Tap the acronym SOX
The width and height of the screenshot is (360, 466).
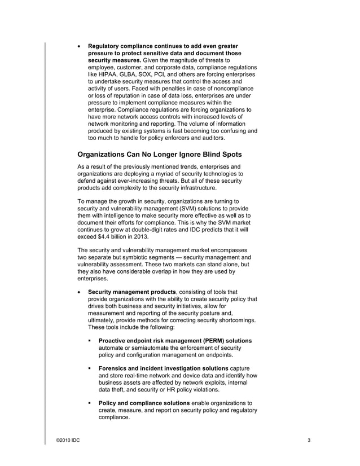(149, 74)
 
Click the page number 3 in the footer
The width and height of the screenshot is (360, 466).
(309, 440)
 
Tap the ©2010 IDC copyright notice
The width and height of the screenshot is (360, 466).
(68, 440)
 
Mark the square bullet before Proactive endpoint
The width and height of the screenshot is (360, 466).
(90, 341)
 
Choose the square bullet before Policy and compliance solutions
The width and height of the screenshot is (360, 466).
(90, 403)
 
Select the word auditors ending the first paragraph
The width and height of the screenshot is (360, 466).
(209, 138)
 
